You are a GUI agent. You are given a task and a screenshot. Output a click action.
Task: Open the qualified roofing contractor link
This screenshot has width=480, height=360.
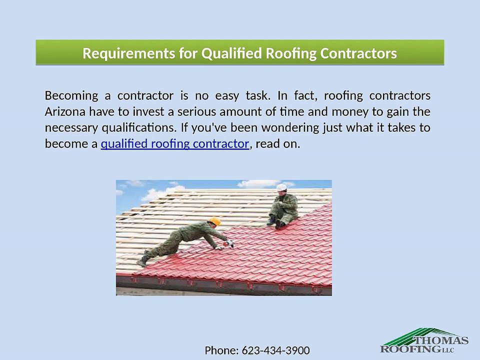pyautogui.click(x=174, y=144)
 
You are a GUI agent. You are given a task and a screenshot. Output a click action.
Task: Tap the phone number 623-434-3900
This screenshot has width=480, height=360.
pyautogui.click(x=275, y=350)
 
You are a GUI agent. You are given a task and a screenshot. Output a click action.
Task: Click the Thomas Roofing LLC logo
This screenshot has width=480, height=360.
pyautogui.click(x=424, y=341)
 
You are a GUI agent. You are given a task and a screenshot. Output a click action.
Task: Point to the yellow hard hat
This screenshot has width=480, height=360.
pyautogui.click(x=214, y=221)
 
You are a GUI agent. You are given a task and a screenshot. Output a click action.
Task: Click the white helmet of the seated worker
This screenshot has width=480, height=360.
pyautogui.click(x=282, y=187)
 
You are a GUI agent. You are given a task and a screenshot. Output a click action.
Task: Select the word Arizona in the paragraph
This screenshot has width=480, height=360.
pyautogui.click(x=65, y=111)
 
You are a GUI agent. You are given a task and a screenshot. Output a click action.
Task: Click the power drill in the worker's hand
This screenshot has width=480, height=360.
pyautogui.click(x=229, y=243)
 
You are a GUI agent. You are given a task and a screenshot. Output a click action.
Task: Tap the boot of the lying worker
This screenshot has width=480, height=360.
pyautogui.click(x=142, y=261)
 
